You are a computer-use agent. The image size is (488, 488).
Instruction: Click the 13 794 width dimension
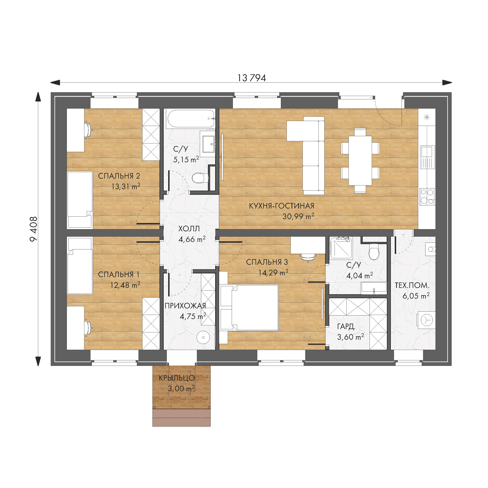pyautogui.click(x=252, y=78)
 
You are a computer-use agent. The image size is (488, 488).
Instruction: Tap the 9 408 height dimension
pyautogui.click(x=34, y=229)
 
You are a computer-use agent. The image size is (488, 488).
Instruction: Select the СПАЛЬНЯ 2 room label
pyautogui.click(x=119, y=176)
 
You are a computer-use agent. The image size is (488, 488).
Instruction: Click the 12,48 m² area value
pyautogui.click(x=125, y=285)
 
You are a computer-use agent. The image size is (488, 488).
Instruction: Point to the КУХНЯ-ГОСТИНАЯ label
pyautogui.click(x=282, y=206)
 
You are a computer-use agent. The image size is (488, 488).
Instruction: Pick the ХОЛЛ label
pyautogui.click(x=189, y=229)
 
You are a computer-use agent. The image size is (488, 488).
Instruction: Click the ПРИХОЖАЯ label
pyautogui.click(x=185, y=306)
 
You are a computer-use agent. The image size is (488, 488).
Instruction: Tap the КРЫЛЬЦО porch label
pyautogui.click(x=177, y=378)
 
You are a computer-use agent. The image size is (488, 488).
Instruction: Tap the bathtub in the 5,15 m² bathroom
pyautogui.click(x=191, y=118)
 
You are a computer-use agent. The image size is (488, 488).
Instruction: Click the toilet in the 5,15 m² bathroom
pyautogui.click(x=199, y=178)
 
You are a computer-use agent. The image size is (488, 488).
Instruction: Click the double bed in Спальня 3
pyautogui.click(x=249, y=307)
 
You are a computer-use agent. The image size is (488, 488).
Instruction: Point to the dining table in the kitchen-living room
pyautogui.click(x=360, y=161)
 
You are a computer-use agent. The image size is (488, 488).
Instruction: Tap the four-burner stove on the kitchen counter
pyautogui.click(x=427, y=196)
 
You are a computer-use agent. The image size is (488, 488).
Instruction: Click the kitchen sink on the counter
pyautogui.click(x=427, y=157)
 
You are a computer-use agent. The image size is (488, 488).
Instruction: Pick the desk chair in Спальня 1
pyautogui.click(x=88, y=328)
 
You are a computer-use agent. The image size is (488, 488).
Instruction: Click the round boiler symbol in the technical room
pyautogui.click(x=427, y=320)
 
